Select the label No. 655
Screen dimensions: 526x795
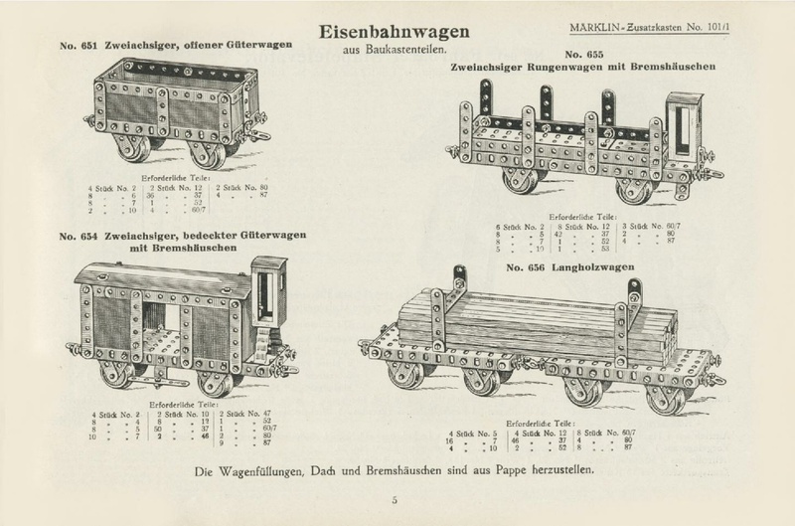click(586, 52)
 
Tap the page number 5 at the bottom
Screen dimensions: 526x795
click(395, 500)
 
